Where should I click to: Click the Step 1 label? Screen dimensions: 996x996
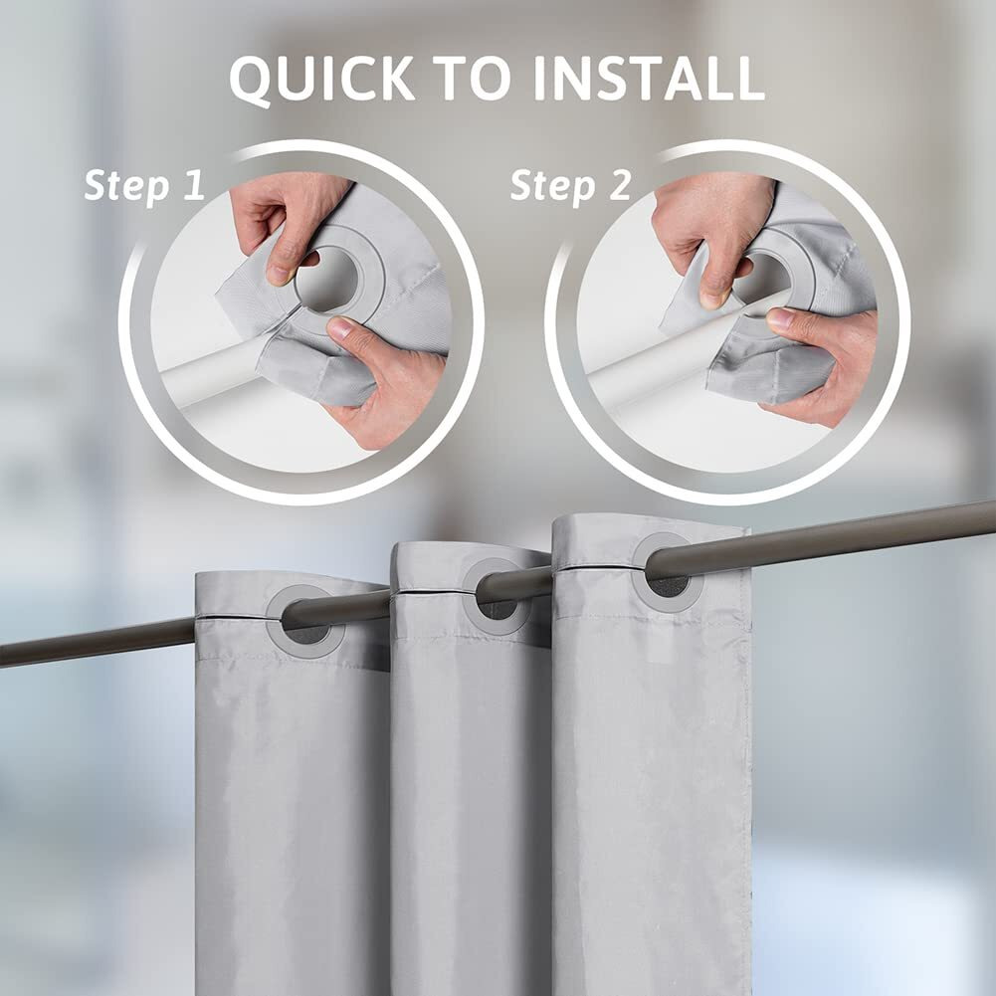[143, 185]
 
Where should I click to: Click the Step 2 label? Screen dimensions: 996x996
[570, 185]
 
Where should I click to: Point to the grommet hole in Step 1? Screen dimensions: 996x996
[327, 280]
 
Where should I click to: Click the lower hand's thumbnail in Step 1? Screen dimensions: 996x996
[342, 327]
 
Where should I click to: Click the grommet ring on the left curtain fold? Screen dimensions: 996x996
[304, 621]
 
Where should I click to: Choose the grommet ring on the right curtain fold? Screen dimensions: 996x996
[668, 573]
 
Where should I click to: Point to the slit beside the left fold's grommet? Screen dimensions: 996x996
[239, 618]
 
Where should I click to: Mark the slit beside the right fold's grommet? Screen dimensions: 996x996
[597, 567]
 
